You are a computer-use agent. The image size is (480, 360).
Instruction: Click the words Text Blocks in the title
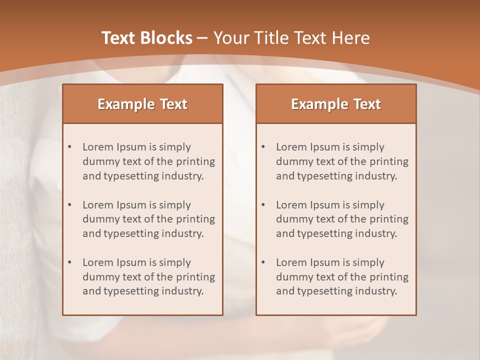tap(146, 38)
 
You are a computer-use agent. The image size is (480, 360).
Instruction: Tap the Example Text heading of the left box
tap(142, 104)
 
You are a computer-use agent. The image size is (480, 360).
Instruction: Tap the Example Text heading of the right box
tap(336, 104)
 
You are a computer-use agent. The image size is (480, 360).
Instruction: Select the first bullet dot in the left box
tap(70, 147)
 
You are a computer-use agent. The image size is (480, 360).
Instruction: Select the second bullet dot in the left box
tap(70, 205)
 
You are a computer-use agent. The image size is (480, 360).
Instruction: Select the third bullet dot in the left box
tap(70, 262)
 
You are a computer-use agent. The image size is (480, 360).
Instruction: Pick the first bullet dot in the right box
tap(263, 147)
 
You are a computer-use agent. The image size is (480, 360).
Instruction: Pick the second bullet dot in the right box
tap(263, 205)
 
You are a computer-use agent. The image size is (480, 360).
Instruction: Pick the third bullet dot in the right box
tap(263, 262)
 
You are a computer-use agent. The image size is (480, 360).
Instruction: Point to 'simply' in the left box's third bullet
tap(174, 262)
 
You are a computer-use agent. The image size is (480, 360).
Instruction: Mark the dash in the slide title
tap(202, 38)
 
